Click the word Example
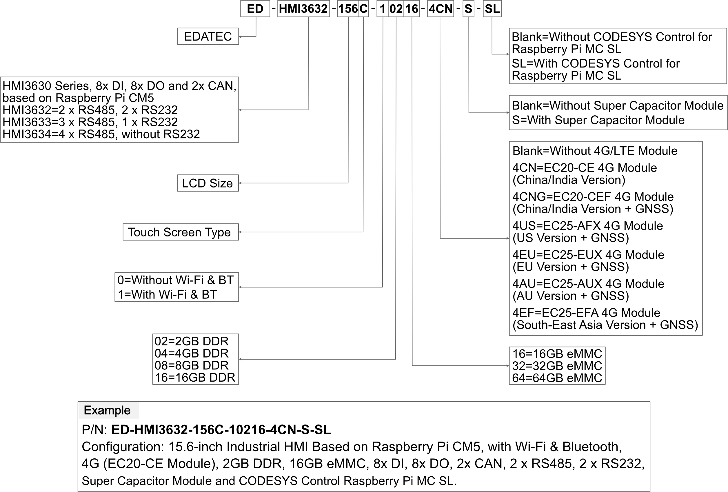[x=107, y=410]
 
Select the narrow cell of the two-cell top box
[x=364, y=8]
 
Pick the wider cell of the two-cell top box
[x=348, y=8]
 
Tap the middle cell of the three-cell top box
[x=396, y=8]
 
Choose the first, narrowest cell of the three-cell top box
[x=383, y=8]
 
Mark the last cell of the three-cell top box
[x=412, y=8]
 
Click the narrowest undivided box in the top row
[x=468, y=8]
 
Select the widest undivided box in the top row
[x=303, y=8]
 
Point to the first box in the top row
[x=255, y=8]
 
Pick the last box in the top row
[x=492, y=8]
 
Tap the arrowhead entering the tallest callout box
[x=507, y=238]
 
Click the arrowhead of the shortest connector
[x=240, y=37]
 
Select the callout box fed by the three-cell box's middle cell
[x=195, y=359]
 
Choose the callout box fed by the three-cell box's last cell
[x=557, y=365]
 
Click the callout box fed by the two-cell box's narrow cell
[x=181, y=232]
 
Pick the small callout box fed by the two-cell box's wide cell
[x=208, y=183]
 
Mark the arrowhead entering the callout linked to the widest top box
[x=240, y=110]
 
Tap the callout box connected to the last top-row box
[x=618, y=56]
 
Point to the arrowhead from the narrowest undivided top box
[x=507, y=112]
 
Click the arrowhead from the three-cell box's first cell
[x=240, y=287]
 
